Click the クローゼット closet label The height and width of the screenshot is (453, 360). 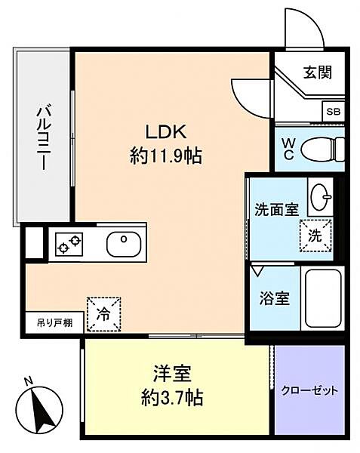tap(309, 391)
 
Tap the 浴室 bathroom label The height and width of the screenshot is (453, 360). tap(272, 297)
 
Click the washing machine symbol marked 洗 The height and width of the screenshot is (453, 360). tap(315, 233)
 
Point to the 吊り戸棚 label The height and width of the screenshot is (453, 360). tap(54, 323)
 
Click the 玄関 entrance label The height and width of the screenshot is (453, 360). tap(316, 74)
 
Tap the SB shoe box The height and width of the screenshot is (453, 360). tap(333, 111)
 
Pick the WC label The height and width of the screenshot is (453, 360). tap(288, 146)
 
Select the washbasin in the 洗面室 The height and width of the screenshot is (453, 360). tap(320, 197)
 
